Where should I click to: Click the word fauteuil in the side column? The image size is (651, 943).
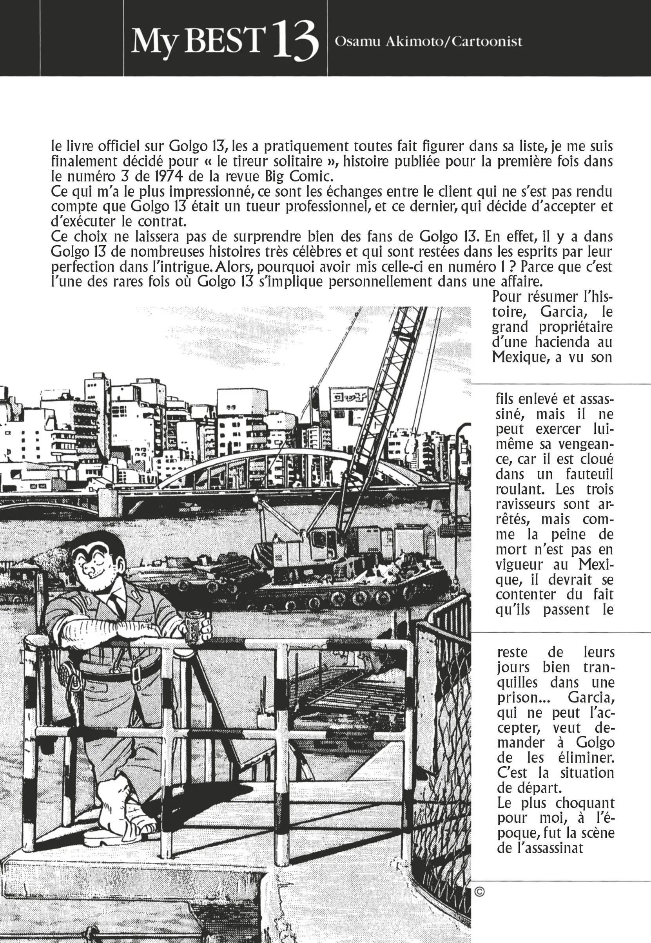tap(589, 474)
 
